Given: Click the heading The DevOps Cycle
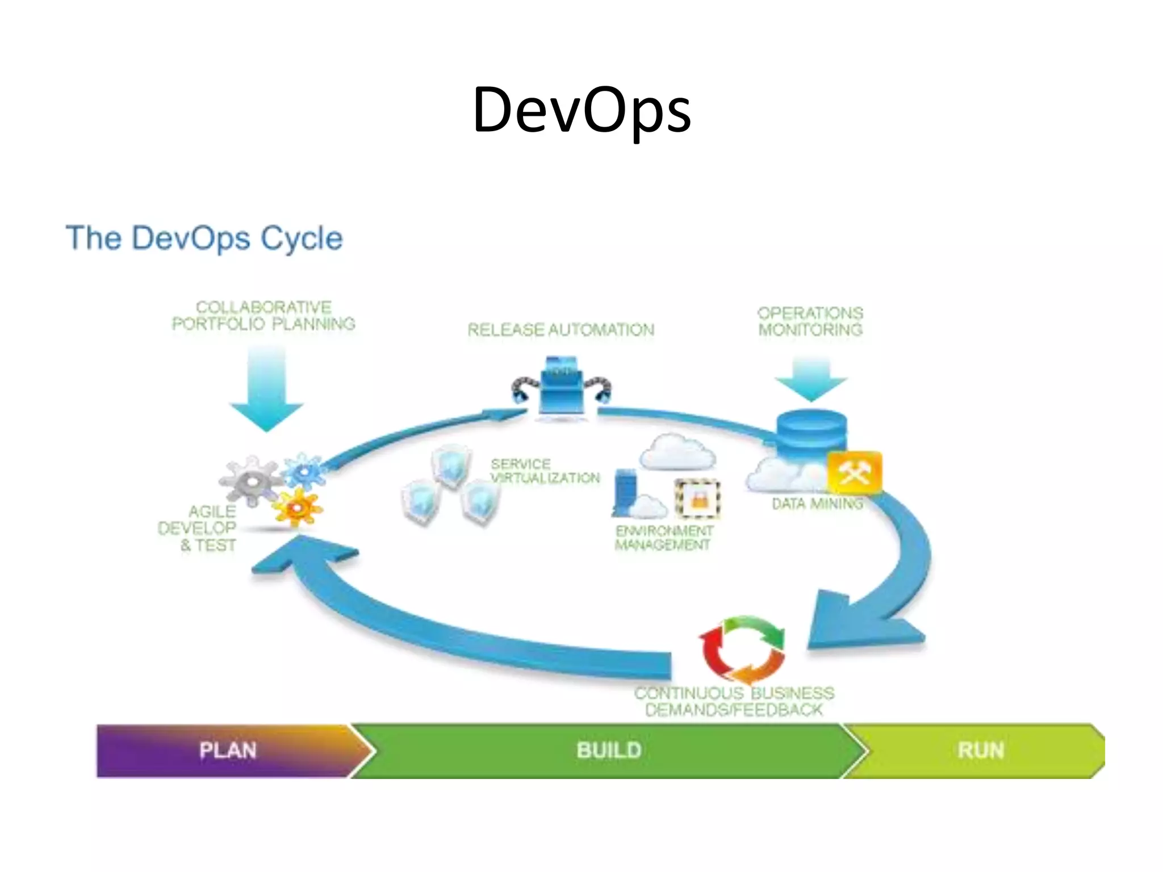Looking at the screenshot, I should pos(204,238).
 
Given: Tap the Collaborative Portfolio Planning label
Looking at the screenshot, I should pos(263,316).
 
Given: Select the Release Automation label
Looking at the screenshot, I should pos(561,330).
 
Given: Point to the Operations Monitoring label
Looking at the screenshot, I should pos(810,321).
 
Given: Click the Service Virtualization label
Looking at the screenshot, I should pos(545,471).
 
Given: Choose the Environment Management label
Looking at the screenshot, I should pos(664,538).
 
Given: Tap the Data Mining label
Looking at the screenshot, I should pos(817,504).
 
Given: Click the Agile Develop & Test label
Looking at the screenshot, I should pos(199,529).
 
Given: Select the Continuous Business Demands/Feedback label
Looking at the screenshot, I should pos(734,702).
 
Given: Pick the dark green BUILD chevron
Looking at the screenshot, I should pos(609,751).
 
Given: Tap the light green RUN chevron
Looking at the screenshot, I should pos(981,751).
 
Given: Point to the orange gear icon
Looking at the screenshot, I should pos(297,507).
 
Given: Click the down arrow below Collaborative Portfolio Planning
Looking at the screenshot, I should pos(266,392).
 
